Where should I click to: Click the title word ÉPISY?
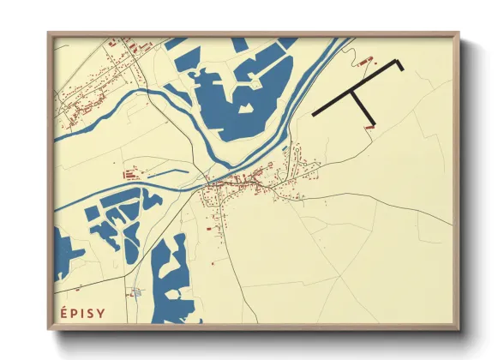(x=83, y=313)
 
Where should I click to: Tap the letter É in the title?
(x=63, y=313)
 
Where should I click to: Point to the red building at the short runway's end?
(x=369, y=127)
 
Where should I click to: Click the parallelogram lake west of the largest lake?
(x=188, y=59)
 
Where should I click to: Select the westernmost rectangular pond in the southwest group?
(x=91, y=213)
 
